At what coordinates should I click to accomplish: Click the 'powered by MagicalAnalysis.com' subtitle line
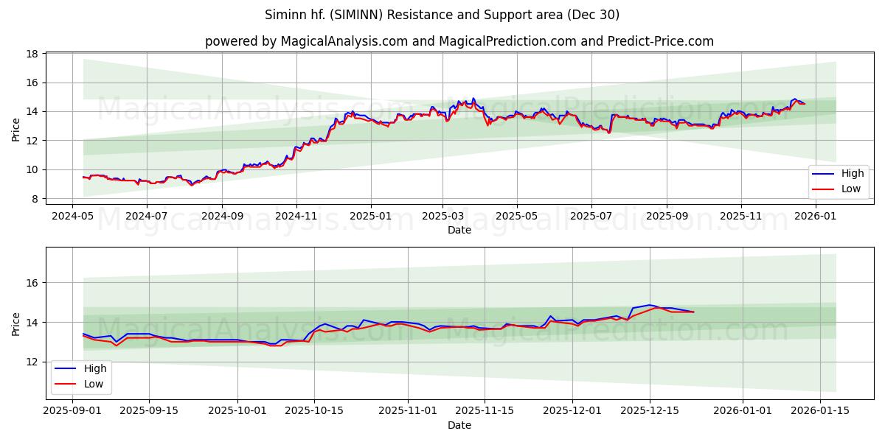tap(459, 41)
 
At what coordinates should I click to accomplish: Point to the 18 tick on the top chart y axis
tap(32, 54)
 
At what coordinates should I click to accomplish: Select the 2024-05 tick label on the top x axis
tap(72, 217)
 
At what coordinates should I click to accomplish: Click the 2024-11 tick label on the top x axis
tap(296, 217)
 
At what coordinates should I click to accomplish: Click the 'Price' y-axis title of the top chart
tap(16, 130)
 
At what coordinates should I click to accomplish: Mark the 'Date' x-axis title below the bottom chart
tap(459, 425)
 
